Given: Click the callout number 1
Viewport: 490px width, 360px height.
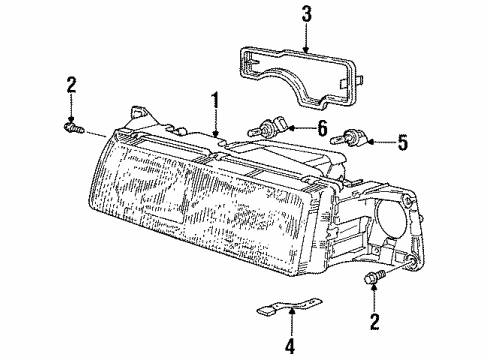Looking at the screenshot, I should [x=214, y=99].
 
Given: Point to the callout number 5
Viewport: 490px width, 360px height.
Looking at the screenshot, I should [x=403, y=143].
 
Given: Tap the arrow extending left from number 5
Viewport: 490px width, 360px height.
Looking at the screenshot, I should [x=382, y=143].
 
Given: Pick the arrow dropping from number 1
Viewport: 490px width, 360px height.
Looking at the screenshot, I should [x=214, y=121].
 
